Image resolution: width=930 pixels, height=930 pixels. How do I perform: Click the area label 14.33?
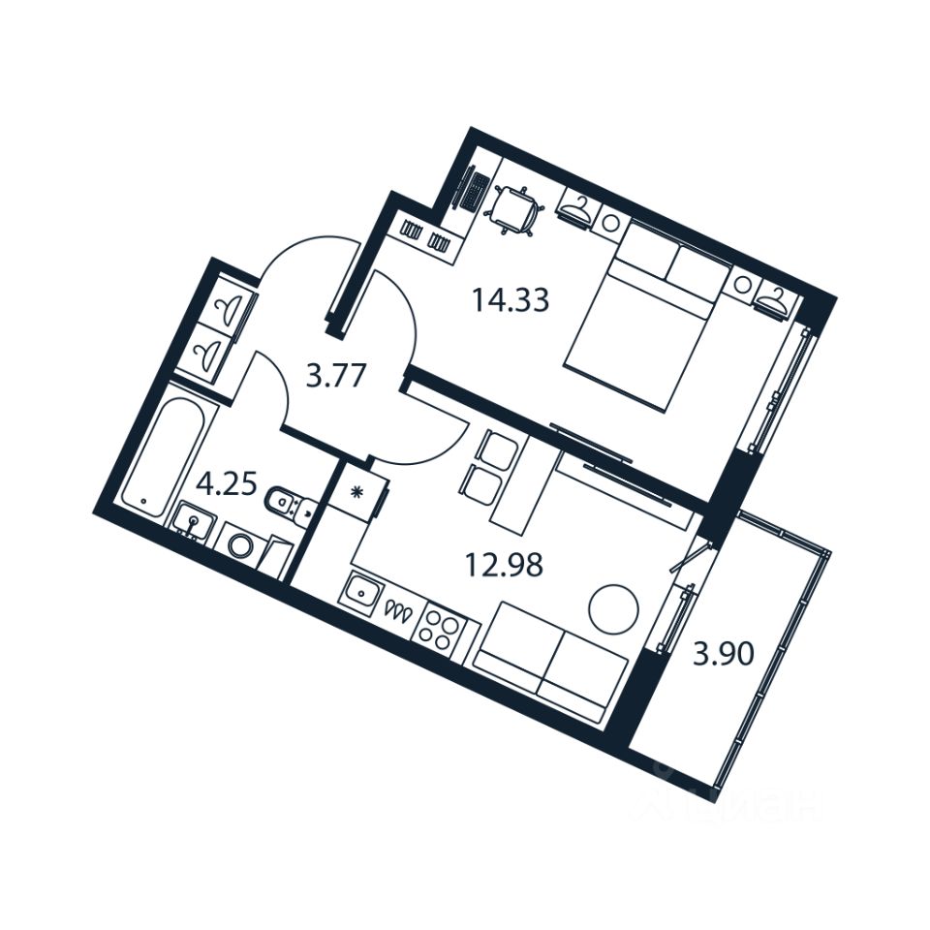click(x=511, y=300)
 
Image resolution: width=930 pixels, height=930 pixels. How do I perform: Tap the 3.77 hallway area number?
click(x=335, y=374)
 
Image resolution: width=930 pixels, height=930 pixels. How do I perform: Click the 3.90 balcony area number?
click(x=723, y=656)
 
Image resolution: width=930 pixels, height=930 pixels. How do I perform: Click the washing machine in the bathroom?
click(x=240, y=544)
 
